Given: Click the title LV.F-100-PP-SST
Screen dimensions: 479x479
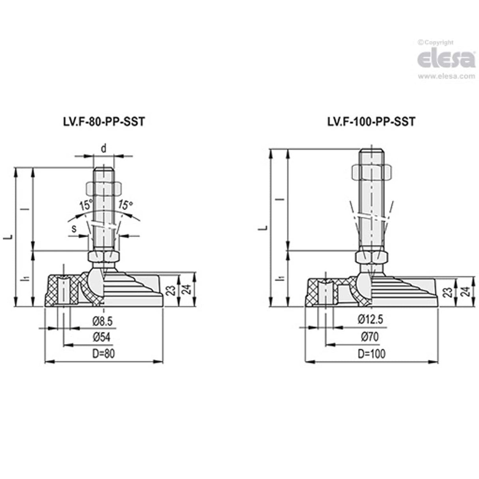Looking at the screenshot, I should coord(371,122).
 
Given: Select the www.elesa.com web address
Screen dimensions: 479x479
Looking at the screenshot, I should coord(446,77).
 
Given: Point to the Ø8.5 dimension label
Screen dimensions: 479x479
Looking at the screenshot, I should coord(103,322).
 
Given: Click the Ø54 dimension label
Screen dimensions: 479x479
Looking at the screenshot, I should coord(101,337).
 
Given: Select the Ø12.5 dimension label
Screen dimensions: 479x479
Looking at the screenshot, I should coord(370,320).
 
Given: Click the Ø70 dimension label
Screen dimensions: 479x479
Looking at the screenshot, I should coord(370,337).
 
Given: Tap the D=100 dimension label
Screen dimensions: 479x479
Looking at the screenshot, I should coord(371,354).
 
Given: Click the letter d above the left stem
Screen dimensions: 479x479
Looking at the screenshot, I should coord(103,149).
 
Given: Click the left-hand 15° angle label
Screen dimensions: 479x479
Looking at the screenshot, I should coord(85,206).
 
